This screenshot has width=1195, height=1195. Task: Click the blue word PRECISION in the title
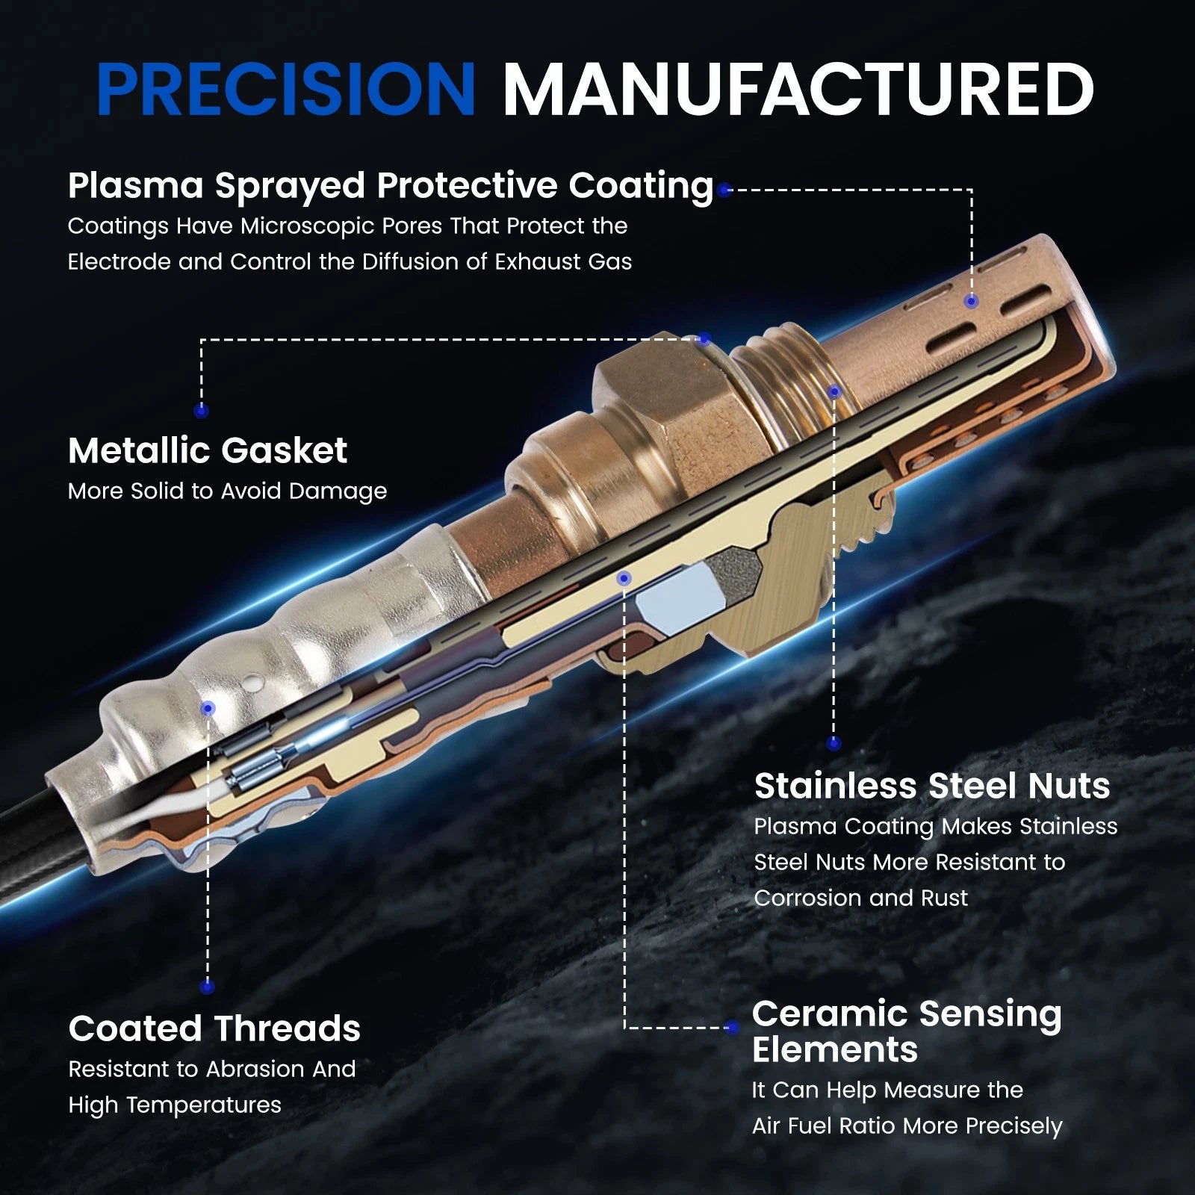(286, 89)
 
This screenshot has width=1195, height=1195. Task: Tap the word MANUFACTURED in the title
(798, 89)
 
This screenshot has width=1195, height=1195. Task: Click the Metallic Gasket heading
(208, 450)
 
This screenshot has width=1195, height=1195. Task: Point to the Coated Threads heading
(214, 1028)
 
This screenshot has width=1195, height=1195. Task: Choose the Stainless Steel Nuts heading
(932, 786)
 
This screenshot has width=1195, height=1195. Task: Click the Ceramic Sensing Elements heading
(907, 1031)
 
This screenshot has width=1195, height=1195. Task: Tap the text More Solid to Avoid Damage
(228, 491)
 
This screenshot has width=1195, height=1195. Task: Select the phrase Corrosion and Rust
(860, 898)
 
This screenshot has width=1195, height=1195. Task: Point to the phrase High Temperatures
(175, 1105)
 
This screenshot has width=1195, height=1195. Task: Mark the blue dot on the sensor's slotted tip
(971, 301)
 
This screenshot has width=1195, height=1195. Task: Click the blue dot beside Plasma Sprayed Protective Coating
(723, 190)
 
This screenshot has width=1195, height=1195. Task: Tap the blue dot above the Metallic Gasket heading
(201, 410)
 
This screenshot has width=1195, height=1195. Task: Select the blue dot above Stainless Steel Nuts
(834, 743)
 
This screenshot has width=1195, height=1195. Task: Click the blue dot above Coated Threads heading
(208, 987)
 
